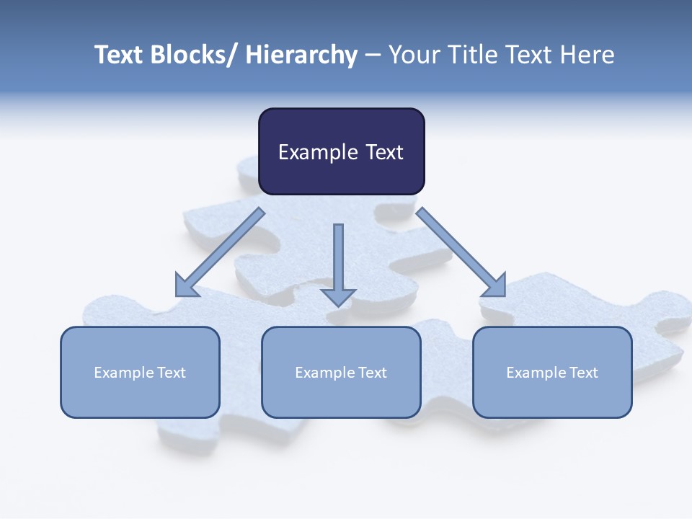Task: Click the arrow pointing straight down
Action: click(x=338, y=263)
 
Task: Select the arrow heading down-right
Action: click(x=460, y=252)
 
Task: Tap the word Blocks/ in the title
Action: click(x=192, y=55)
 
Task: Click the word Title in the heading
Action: click(x=470, y=55)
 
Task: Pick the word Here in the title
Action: click(x=586, y=55)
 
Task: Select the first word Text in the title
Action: click(x=118, y=55)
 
